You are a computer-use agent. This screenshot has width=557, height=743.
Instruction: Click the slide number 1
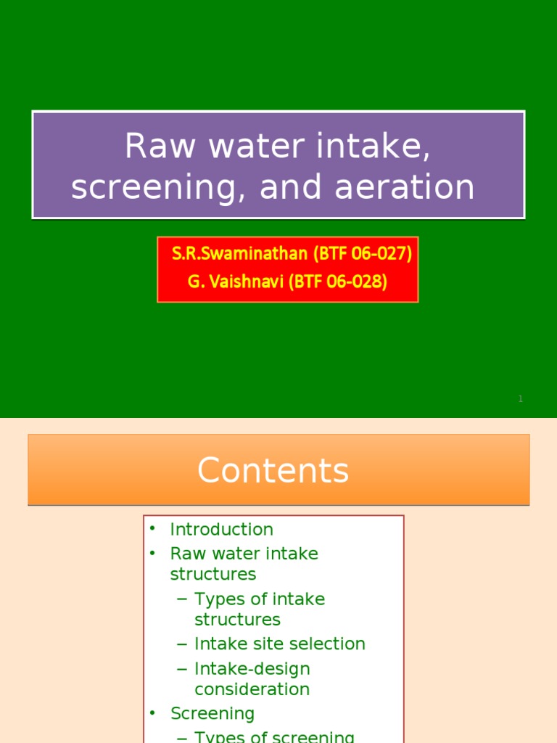click(x=520, y=399)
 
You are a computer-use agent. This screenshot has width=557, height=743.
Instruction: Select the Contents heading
click(x=273, y=471)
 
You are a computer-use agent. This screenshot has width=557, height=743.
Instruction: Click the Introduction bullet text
click(x=221, y=530)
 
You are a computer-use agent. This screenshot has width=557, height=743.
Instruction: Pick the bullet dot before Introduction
click(x=152, y=529)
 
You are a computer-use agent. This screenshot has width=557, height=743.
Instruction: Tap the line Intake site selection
click(x=280, y=644)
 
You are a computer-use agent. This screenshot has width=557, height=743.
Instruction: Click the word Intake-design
click(x=252, y=669)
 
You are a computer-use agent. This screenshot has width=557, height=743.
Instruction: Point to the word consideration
click(x=252, y=689)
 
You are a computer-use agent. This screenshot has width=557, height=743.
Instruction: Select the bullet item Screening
click(x=213, y=714)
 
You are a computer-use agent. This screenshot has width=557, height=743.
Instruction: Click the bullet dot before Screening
click(x=152, y=713)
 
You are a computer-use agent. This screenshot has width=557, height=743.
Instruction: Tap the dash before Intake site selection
click(x=181, y=644)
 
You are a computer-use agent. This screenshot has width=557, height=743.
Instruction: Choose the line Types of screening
click(x=274, y=737)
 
